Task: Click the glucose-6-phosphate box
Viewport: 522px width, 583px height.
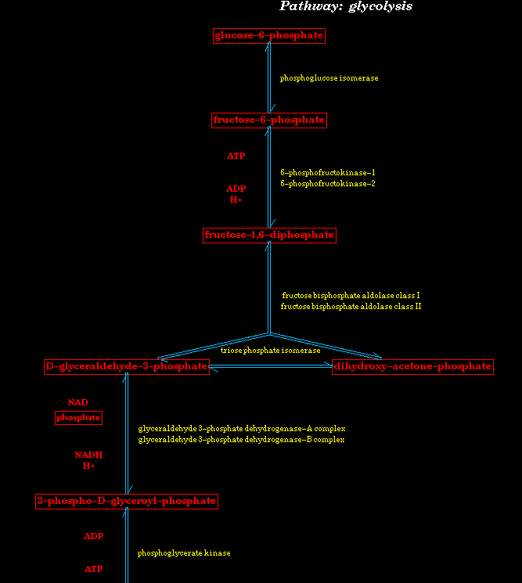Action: click(x=268, y=36)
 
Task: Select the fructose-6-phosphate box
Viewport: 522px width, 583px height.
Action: click(x=268, y=120)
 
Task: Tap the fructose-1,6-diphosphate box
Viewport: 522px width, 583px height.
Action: click(x=269, y=236)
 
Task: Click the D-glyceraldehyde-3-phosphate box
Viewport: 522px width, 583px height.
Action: click(x=127, y=367)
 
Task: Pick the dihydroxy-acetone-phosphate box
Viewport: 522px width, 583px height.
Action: click(x=412, y=367)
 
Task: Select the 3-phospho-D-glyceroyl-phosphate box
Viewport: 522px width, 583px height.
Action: click(x=127, y=502)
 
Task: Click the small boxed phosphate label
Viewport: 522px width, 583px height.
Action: click(x=78, y=418)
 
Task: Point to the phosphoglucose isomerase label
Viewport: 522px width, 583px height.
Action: click(x=329, y=78)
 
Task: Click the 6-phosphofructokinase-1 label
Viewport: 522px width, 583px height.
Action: click(x=328, y=172)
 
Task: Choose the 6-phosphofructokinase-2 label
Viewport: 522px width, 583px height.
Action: click(x=328, y=184)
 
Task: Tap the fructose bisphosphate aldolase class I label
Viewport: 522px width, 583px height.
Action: click(x=351, y=296)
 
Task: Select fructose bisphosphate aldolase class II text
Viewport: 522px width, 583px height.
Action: click(x=351, y=307)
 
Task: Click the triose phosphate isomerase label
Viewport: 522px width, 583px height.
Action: click(x=270, y=351)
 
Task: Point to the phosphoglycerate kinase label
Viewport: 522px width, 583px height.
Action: click(x=184, y=553)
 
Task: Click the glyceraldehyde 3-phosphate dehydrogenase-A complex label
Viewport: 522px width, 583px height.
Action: click(x=242, y=429)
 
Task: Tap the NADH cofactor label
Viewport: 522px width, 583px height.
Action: click(x=88, y=455)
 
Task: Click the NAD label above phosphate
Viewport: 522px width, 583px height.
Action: click(x=77, y=402)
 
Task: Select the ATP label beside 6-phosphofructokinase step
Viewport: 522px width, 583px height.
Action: click(x=236, y=156)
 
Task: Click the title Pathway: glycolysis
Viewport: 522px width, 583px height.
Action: click(x=346, y=6)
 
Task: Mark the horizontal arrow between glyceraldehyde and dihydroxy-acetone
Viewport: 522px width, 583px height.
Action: click(x=271, y=366)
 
